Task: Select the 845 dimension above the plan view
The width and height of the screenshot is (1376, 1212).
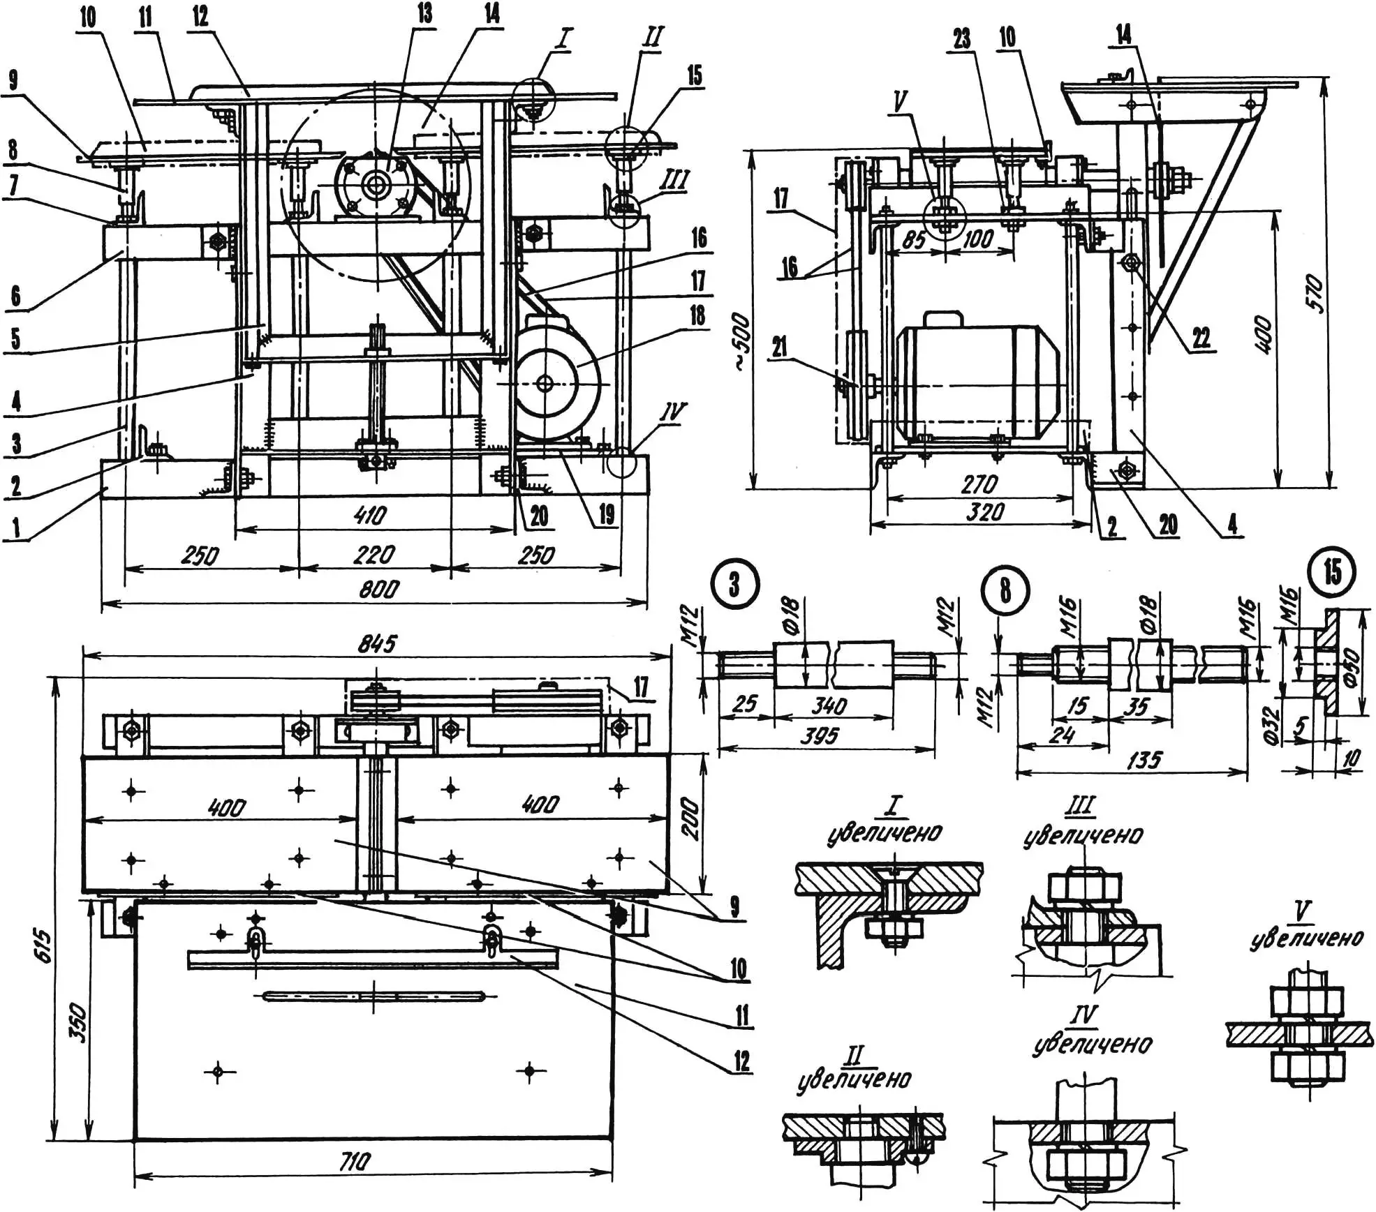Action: [378, 643]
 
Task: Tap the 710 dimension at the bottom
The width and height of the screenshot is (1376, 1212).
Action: [354, 1162]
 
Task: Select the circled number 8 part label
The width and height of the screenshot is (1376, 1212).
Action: [1005, 590]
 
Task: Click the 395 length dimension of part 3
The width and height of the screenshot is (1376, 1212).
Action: [820, 735]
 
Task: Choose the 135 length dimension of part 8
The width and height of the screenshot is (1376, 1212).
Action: [1144, 759]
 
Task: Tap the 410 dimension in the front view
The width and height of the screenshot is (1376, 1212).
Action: [370, 516]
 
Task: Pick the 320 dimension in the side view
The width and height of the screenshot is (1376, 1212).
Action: [985, 513]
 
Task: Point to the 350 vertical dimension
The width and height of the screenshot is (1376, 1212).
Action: [80, 1023]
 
